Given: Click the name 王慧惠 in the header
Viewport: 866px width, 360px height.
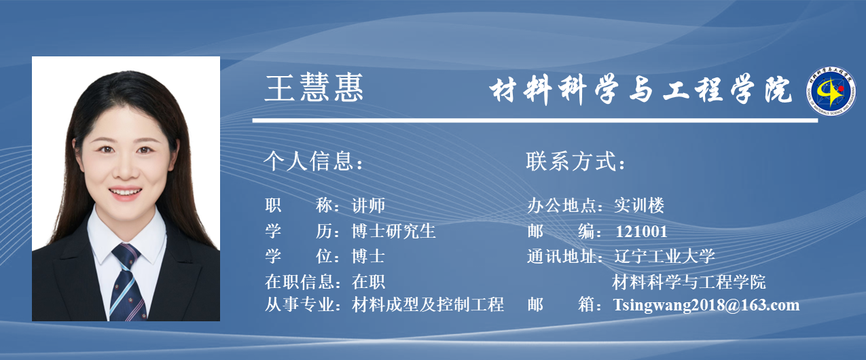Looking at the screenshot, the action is pyautogui.click(x=314, y=88).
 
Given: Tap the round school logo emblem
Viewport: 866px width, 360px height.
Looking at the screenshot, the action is pyautogui.click(x=831, y=91).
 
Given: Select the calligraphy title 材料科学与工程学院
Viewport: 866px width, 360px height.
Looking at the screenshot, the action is pyautogui.click(x=641, y=90).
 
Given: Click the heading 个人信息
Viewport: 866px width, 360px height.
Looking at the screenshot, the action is pyautogui.click(x=314, y=161).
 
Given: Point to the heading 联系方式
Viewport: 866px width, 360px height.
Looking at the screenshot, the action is pyautogui.click(x=576, y=161).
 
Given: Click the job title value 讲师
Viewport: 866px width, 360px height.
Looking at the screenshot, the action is pyautogui.click(x=368, y=205).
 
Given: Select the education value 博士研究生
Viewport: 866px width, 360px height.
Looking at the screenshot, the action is pyautogui.click(x=393, y=231).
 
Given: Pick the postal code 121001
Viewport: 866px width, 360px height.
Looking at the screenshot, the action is pyautogui.click(x=641, y=232).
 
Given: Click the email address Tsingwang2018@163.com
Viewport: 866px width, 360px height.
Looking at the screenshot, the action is pyautogui.click(x=706, y=305).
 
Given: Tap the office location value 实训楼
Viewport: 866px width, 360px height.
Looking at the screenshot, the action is pyautogui.click(x=639, y=205).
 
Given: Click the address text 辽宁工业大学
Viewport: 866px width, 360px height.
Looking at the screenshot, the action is pyautogui.click(x=664, y=256).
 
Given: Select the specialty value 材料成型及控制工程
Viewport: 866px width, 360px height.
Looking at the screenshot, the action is pyautogui.click(x=428, y=304).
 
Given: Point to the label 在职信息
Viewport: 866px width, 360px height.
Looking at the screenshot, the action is pyautogui.click(x=300, y=282).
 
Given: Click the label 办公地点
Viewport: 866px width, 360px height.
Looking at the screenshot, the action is pyautogui.click(x=562, y=205).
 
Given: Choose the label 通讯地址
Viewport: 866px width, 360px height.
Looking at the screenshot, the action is pyautogui.click(x=562, y=256).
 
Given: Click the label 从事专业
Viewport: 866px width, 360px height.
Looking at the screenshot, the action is pyautogui.click(x=300, y=304).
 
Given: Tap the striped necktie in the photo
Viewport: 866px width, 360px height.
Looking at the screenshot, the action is pyautogui.click(x=127, y=283).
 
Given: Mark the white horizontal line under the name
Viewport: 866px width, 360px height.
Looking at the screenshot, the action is pyautogui.click(x=535, y=121).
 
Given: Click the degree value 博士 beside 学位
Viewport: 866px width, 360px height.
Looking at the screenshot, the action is pyautogui.click(x=368, y=256).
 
